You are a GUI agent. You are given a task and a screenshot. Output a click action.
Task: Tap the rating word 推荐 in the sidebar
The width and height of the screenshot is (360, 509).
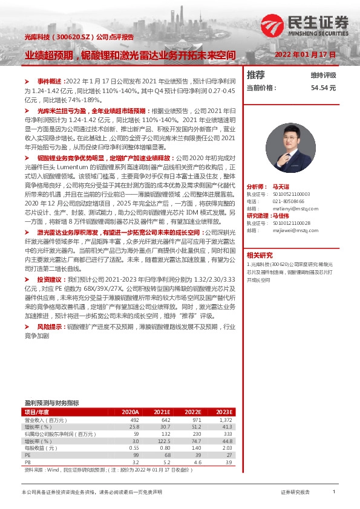tap(256, 75)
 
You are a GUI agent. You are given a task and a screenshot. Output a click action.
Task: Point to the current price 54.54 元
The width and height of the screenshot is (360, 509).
tap(323, 88)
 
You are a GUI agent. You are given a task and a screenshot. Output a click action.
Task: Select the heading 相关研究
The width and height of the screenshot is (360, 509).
tap(260, 255)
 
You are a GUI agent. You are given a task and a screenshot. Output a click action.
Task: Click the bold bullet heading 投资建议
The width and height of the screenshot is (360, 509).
tap(48, 280)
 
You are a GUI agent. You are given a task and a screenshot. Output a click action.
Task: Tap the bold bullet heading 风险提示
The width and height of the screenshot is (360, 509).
tap(48, 326)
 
